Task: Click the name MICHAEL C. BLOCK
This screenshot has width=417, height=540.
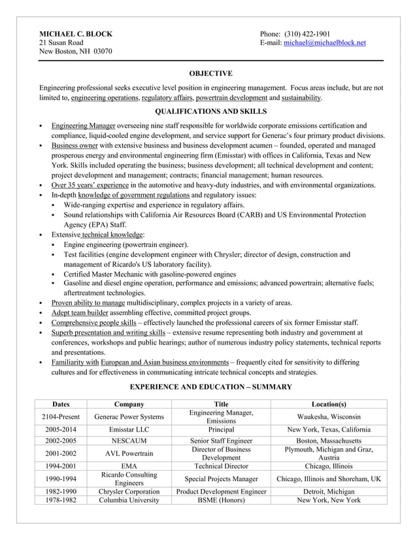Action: [x=76, y=33]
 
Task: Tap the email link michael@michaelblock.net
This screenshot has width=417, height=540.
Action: [x=324, y=42]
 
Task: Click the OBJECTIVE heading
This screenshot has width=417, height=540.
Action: [x=210, y=73]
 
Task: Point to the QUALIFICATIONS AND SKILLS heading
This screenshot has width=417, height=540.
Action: [x=210, y=112]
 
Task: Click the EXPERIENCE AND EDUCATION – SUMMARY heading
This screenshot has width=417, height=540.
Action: [x=210, y=387]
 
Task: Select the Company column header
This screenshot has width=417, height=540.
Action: [x=129, y=404]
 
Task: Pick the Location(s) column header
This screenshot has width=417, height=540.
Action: [x=329, y=404]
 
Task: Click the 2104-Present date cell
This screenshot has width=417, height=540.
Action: [x=60, y=416]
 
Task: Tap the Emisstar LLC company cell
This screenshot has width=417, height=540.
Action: [x=129, y=430]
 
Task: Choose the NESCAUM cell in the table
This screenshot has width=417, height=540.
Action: [x=129, y=441]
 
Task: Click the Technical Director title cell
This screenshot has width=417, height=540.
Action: [x=221, y=466]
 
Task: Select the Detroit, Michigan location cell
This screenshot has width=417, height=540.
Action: [x=329, y=491]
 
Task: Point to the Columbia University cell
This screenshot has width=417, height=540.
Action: [x=129, y=500]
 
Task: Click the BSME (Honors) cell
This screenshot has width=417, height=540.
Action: [x=221, y=500]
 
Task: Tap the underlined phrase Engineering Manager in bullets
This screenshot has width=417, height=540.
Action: [x=83, y=126]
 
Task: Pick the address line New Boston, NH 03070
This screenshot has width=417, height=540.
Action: [x=75, y=52]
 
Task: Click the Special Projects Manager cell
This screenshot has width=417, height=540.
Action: [x=221, y=479]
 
